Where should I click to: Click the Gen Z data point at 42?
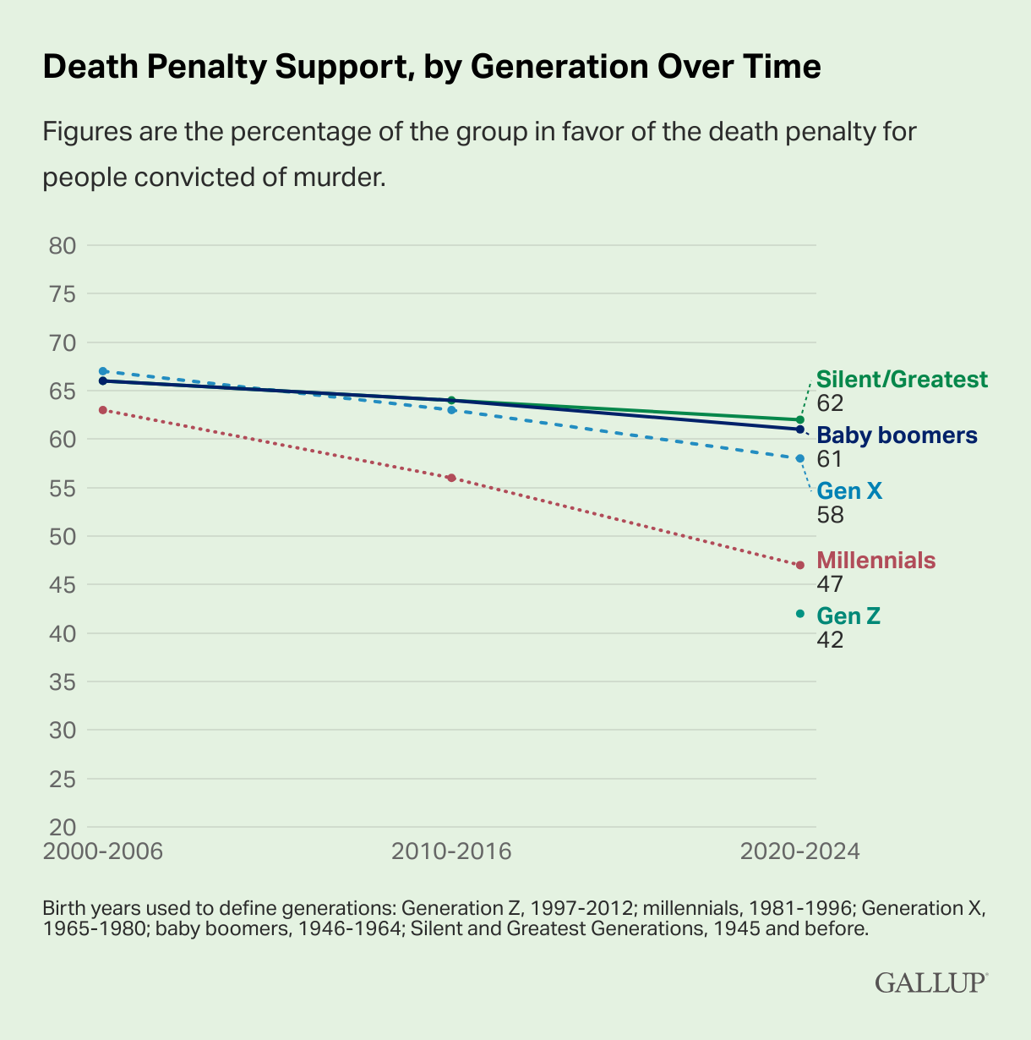point(800,614)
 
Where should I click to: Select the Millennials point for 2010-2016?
point(451,478)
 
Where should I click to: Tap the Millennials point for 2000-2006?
point(103,410)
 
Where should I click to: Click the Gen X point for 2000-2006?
point(103,371)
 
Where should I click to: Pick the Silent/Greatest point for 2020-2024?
point(800,419)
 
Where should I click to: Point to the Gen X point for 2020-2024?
point(800,458)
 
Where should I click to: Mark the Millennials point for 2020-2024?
point(800,565)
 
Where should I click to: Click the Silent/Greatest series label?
point(902,380)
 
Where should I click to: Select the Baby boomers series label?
point(897,435)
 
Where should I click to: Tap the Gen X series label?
point(849,491)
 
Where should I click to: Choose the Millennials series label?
point(876,560)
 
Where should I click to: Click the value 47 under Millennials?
point(830,584)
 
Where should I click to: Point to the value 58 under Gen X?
point(830,515)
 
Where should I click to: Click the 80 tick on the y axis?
point(63,246)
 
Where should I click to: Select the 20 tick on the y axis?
point(63,827)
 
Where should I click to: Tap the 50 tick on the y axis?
point(63,536)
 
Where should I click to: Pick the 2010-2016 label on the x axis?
point(451,851)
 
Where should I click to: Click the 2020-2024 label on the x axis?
point(799,851)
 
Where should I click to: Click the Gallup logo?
point(930,983)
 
